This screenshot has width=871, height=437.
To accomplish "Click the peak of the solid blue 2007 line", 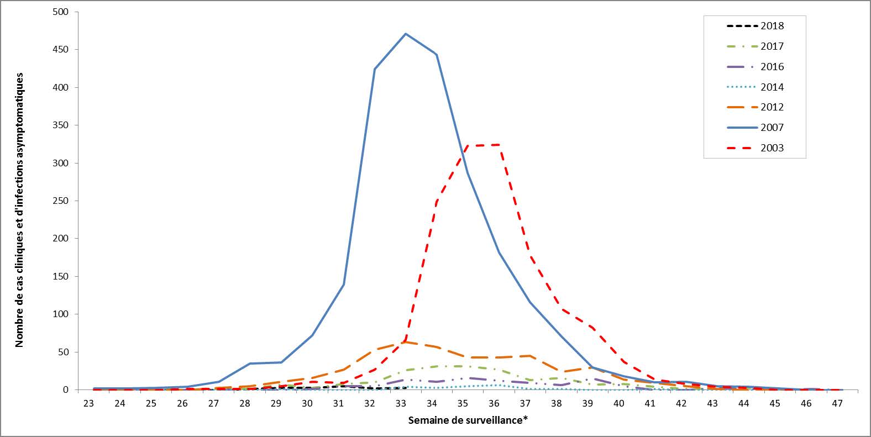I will click(406, 34).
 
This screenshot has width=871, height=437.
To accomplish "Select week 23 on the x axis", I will click(88, 403).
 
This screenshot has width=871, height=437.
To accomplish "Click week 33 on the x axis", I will click(401, 403).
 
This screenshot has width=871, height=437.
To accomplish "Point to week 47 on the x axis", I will click(837, 403).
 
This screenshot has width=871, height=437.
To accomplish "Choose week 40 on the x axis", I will click(619, 403).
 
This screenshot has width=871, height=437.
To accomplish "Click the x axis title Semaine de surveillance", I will click(468, 420).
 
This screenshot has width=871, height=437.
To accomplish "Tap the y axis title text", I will click(20, 209).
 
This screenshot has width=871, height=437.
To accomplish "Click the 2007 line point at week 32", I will click(375, 69).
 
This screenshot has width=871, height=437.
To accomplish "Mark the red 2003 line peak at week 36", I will click(499, 145).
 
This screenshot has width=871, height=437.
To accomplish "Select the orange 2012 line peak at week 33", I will click(406, 342).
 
